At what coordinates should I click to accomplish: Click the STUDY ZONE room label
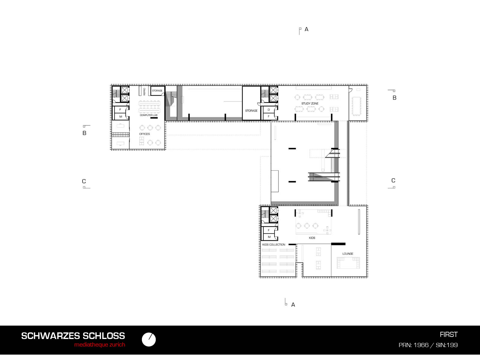click(310, 103)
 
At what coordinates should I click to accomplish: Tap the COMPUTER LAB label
click(148, 115)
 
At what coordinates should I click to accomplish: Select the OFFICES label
click(145, 134)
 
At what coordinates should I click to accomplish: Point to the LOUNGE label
click(348, 253)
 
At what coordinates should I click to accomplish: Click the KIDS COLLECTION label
click(274, 244)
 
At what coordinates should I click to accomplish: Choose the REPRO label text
click(144, 91)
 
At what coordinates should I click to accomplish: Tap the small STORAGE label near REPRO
click(157, 91)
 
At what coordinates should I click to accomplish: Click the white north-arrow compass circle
click(149, 340)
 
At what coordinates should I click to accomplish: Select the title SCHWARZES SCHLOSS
click(73, 336)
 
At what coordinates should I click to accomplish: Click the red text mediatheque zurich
click(100, 345)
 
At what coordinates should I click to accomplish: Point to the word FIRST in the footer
click(449, 334)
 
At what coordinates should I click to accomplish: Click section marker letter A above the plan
click(307, 29)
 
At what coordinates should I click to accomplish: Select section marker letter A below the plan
click(293, 305)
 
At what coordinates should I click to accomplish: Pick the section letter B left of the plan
click(84, 133)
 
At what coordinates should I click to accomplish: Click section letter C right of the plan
click(393, 181)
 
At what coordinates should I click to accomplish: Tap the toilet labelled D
click(269, 110)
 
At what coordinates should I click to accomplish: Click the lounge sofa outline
click(348, 263)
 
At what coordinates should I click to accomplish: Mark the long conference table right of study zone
click(356, 106)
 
